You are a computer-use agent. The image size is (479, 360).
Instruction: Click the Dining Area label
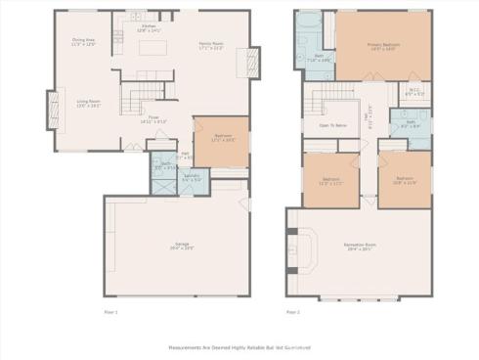point(84,42)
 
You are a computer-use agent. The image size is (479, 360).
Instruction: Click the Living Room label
point(90,104)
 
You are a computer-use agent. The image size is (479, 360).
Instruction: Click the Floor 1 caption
point(110,312)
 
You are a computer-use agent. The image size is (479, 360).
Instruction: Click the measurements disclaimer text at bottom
point(239,345)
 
